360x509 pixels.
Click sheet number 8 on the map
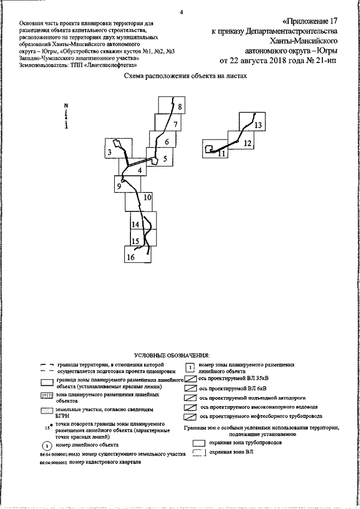(x=179, y=107)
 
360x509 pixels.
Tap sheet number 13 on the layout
(x=258, y=125)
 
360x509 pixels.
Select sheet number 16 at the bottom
(x=130, y=258)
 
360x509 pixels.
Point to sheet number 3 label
(x=110, y=152)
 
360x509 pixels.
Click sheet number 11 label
(x=222, y=153)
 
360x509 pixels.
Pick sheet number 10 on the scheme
(x=147, y=197)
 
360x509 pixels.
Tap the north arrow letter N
(x=66, y=106)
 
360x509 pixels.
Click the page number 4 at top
(x=181, y=11)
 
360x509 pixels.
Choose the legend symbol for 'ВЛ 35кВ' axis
(x=191, y=379)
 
